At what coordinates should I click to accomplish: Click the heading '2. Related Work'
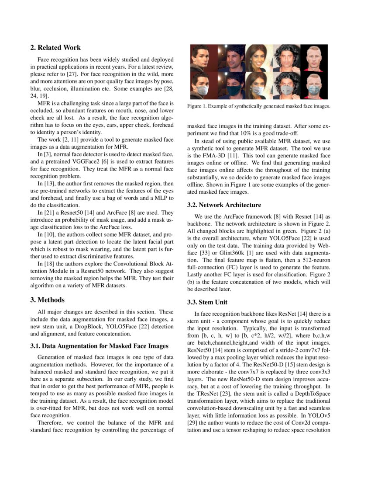[x=55, y=47]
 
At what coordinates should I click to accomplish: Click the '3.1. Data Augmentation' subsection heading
[x=99, y=346]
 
